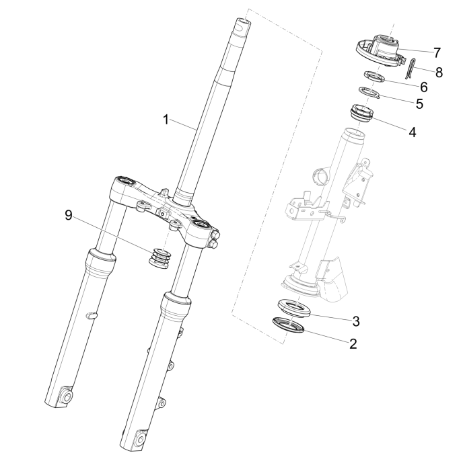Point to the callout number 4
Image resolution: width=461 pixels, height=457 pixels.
click(x=411, y=132)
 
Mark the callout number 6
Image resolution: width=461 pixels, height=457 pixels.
click(x=423, y=87)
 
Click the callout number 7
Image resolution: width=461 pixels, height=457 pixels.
click(x=436, y=52)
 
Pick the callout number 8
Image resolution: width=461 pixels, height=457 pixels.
click(x=439, y=71)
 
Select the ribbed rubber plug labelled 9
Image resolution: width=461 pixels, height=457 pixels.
click(x=159, y=258)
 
